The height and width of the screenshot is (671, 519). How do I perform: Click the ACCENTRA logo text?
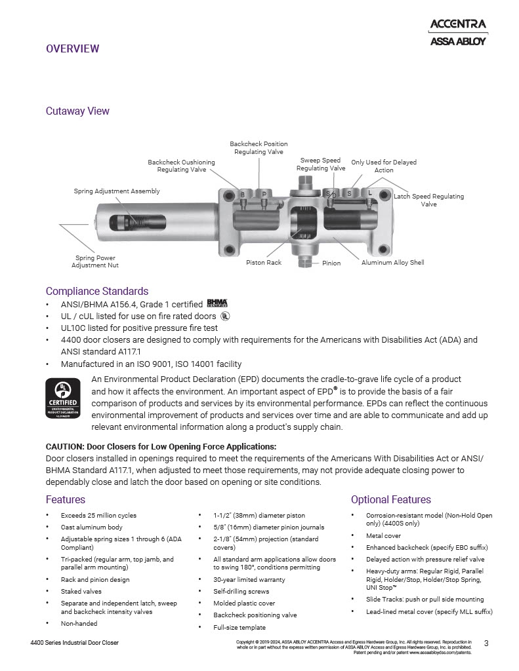(x=457, y=25)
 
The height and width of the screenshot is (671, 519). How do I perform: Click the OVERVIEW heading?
(x=72, y=48)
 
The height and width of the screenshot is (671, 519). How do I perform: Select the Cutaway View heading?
(x=77, y=111)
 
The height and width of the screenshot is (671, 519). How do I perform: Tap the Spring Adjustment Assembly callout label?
(x=117, y=191)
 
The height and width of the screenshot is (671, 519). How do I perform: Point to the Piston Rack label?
(x=264, y=263)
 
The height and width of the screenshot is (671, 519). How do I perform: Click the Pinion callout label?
(x=331, y=263)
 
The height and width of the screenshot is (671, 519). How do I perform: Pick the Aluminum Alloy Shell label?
(x=393, y=263)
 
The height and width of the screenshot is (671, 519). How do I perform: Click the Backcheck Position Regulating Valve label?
(x=259, y=148)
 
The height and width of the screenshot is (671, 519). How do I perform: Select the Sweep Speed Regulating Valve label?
(x=320, y=164)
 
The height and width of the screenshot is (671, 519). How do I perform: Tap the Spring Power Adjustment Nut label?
(x=95, y=261)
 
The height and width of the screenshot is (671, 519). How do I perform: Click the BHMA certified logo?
(x=217, y=303)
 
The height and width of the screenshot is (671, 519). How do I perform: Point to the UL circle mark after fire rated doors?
(x=225, y=315)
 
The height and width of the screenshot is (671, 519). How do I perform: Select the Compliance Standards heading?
(x=97, y=291)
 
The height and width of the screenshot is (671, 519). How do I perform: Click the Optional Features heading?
(x=391, y=499)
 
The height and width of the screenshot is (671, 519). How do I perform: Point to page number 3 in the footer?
(x=486, y=643)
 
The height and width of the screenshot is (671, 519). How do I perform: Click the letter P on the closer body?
(x=264, y=195)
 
